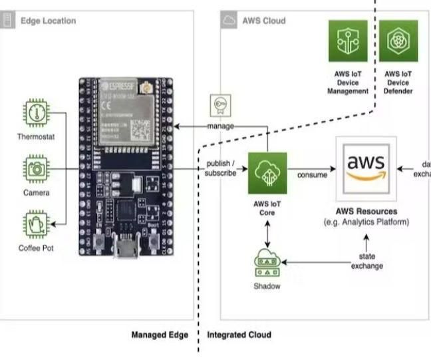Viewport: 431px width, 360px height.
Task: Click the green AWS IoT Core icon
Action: tap(267, 173)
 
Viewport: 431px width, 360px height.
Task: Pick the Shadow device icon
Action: tap(267, 264)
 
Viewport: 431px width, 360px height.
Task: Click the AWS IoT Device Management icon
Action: tap(348, 41)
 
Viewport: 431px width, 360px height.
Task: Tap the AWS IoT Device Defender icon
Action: tap(398, 41)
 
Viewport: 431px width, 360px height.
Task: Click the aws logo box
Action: tap(366, 169)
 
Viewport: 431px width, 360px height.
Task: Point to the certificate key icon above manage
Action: tap(221, 106)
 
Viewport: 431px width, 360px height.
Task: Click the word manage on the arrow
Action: tap(220, 126)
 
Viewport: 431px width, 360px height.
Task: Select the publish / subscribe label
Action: tap(221, 169)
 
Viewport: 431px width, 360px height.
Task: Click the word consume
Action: tap(312, 175)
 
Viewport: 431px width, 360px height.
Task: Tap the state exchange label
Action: tap(367, 262)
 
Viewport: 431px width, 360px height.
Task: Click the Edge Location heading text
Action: tap(49, 21)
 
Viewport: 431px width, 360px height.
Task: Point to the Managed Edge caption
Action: tap(160, 335)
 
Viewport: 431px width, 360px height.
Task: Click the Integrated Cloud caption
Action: tap(239, 335)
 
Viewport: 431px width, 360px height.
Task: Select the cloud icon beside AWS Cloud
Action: tap(229, 21)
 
